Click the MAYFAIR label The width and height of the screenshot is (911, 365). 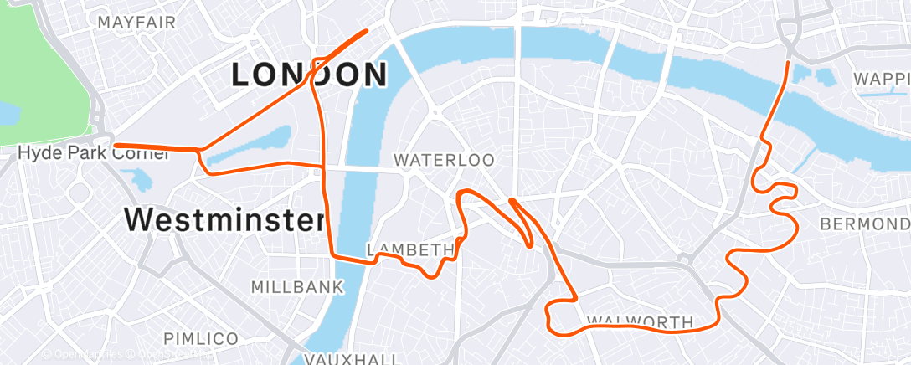(136, 22)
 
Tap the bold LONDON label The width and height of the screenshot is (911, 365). (309, 75)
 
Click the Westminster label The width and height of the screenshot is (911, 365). (224, 221)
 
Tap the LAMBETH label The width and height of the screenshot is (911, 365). (410, 249)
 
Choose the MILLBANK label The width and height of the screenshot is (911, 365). (297, 287)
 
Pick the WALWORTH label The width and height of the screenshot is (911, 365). (640, 321)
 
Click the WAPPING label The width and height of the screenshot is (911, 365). (881, 79)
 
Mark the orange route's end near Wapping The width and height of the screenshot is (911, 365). (788, 62)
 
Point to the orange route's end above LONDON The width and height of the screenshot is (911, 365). (367, 31)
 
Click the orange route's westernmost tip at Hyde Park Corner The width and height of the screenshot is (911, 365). (115, 146)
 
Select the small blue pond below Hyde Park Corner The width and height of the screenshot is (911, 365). (136, 178)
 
